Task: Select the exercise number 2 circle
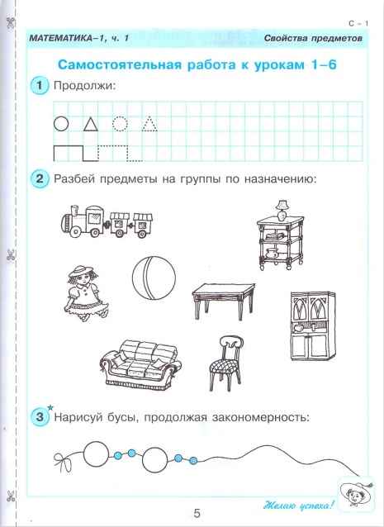(x=38, y=178)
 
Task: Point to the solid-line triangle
(x=90, y=125)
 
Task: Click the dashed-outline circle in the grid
(x=120, y=125)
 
